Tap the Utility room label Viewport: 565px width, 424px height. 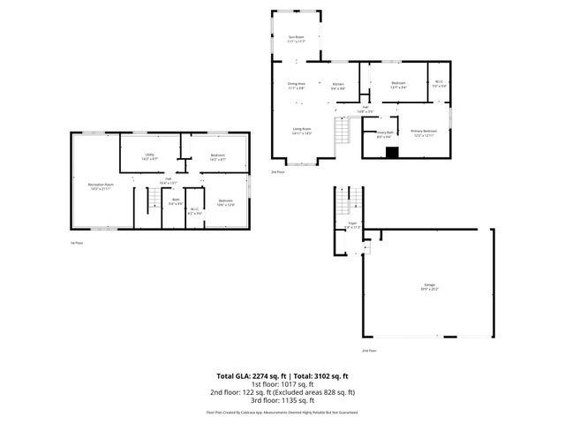(150, 157)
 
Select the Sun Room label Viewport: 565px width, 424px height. (297, 38)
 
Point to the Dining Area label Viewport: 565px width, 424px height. (297, 86)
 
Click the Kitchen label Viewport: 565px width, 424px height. (338, 86)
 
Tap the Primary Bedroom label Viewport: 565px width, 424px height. (425, 132)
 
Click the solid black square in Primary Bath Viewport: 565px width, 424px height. (393, 151)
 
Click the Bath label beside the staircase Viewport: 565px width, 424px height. (176, 202)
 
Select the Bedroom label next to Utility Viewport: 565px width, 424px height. (217, 157)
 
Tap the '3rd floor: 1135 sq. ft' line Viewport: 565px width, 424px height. (282, 400)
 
